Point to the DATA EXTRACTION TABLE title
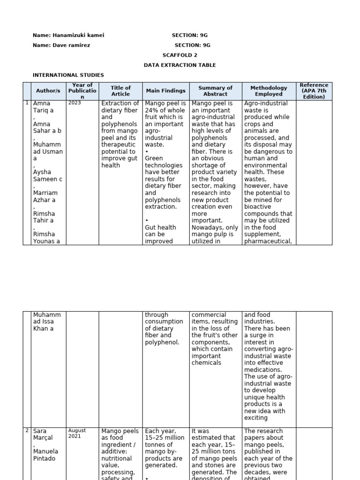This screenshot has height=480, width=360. (180, 65)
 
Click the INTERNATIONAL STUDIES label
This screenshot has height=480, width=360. (68, 75)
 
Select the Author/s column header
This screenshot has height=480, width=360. (48, 90)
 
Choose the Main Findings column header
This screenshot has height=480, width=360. (165, 90)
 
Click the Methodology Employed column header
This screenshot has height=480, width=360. (269, 90)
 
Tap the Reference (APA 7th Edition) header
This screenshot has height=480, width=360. (314, 90)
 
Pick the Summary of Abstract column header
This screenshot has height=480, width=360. (215, 90)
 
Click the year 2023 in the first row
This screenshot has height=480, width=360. (75, 103)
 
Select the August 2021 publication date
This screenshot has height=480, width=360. (77, 433)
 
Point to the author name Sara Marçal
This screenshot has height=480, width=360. (43, 434)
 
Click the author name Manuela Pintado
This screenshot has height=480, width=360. (44, 455)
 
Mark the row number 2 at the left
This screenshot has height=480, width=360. (28, 430)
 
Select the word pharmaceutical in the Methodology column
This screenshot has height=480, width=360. (268, 241)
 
